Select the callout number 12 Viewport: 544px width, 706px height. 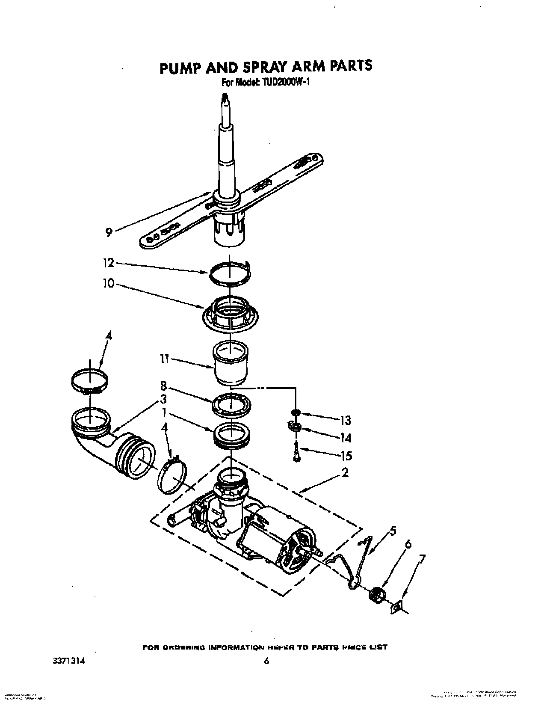tap(109, 262)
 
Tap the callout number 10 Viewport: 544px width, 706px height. tap(109, 283)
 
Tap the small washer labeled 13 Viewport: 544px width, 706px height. tap(295, 412)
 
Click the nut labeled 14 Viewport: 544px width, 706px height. tap(295, 427)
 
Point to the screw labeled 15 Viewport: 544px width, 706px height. tap(295, 453)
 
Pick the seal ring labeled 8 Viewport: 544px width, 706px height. tap(231, 405)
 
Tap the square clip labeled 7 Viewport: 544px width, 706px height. tap(397, 607)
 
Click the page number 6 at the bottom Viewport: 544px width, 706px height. tap(266, 661)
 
